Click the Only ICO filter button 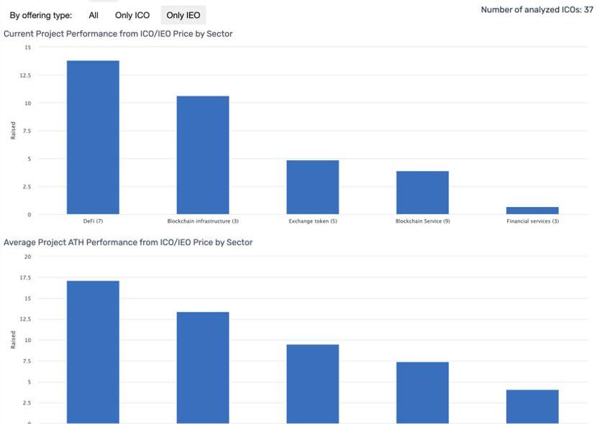[132, 15]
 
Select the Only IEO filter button [183, 15]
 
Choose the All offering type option [94, 15]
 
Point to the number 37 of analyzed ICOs [588, 10]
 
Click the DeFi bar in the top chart [93, 137]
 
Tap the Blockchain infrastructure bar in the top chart [203, 155]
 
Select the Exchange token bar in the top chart [313, 187]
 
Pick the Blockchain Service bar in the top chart [422, 193]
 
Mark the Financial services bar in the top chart [532, 211]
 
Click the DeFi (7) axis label [93, 221]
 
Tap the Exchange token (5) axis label [312, 221]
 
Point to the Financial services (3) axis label [532, 221]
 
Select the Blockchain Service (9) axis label [422, 221]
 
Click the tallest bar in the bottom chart [93, 351]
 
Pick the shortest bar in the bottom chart [532, 406]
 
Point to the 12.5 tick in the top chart [27, 75]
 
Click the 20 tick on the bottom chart [28, 257]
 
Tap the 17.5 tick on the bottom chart [27, 277]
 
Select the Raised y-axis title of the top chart [13, 130]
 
